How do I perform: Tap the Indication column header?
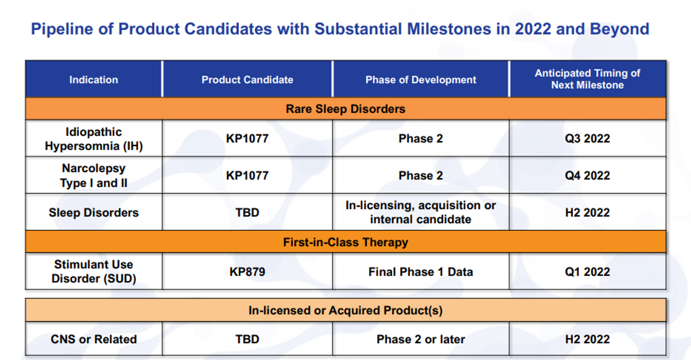point(93,80)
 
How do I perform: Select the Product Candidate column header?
point(248,80)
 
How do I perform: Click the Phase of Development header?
point(421,80)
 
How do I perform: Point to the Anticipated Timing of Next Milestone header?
point(587,79)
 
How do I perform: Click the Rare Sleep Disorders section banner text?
point(345,109)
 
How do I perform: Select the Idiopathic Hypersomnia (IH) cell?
point(94,139)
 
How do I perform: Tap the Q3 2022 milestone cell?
point(587,138)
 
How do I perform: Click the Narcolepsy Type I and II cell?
point(94,176)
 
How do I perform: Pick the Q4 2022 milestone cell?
point(587,176)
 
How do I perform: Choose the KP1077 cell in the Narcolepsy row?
point(248,176)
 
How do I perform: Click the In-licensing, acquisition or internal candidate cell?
point(421,212)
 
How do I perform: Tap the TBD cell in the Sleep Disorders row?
point(248,213)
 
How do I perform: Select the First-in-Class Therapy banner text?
point(345,242)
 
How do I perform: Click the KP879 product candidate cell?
point(248,272)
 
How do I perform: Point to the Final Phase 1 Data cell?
point(421,272)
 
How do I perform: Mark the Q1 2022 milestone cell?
point(587,272)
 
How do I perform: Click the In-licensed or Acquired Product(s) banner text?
point(345,310)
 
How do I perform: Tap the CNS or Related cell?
point(94,339)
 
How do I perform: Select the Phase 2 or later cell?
point(421,339)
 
